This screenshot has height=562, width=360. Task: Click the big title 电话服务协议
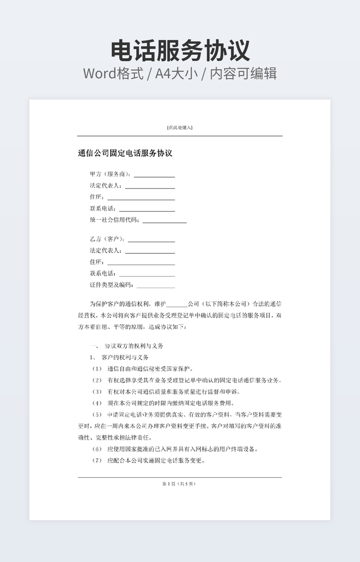point(180,51)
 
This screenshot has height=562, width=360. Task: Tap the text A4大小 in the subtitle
point(176,73)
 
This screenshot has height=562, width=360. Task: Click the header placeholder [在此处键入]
point(179,128)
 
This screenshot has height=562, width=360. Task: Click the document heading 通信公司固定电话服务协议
point(125,153)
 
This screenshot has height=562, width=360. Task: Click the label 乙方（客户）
point(107,239)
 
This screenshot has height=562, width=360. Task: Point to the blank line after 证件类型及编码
point(156,286)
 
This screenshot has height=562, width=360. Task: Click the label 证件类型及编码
point(111,285)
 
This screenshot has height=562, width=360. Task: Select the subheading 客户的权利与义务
point(125,357)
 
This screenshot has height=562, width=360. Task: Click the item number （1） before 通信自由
point(96,369)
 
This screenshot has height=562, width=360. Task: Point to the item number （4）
point(96,403)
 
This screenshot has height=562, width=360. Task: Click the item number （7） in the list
point(96,460)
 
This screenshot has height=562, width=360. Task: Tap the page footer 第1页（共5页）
point(179,484)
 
